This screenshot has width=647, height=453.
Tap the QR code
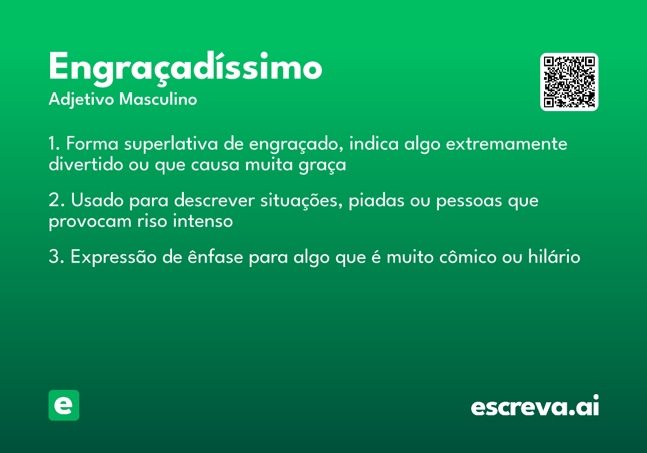pos(569,82)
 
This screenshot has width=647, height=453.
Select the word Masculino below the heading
pos(158,100)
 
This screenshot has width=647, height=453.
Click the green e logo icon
pos(64,405)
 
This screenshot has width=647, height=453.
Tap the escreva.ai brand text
pos(535,407)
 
